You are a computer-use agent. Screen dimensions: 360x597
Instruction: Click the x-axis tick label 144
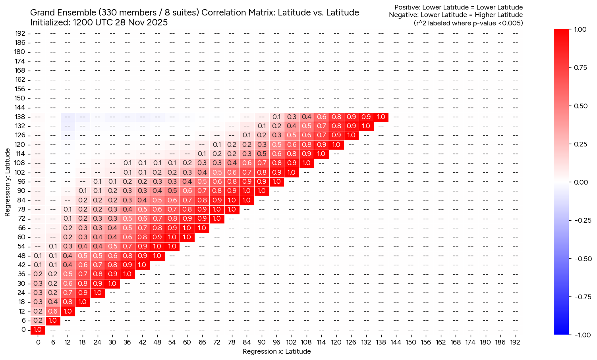pyautogui.click(x=396, y=342)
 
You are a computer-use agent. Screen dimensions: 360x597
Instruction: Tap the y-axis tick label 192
pyautogui.click(x=21, y=33)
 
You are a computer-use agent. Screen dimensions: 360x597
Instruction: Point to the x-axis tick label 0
pyautogui.click(x=38, y=342)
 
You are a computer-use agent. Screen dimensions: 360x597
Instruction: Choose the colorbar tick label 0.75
pyautogui.click(x=582, y=67)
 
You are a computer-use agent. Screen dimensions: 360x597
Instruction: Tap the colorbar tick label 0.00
pyautogui.click(x=582, y=182)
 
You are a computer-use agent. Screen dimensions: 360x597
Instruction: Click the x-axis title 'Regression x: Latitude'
pyautogui.click(x=276, y=351)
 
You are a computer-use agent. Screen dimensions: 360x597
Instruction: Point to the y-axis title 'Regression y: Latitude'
pyautogui.click(x=8, y=183)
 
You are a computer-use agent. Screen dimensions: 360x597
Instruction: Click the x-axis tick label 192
pyautogui.click(x=515, y=342)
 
